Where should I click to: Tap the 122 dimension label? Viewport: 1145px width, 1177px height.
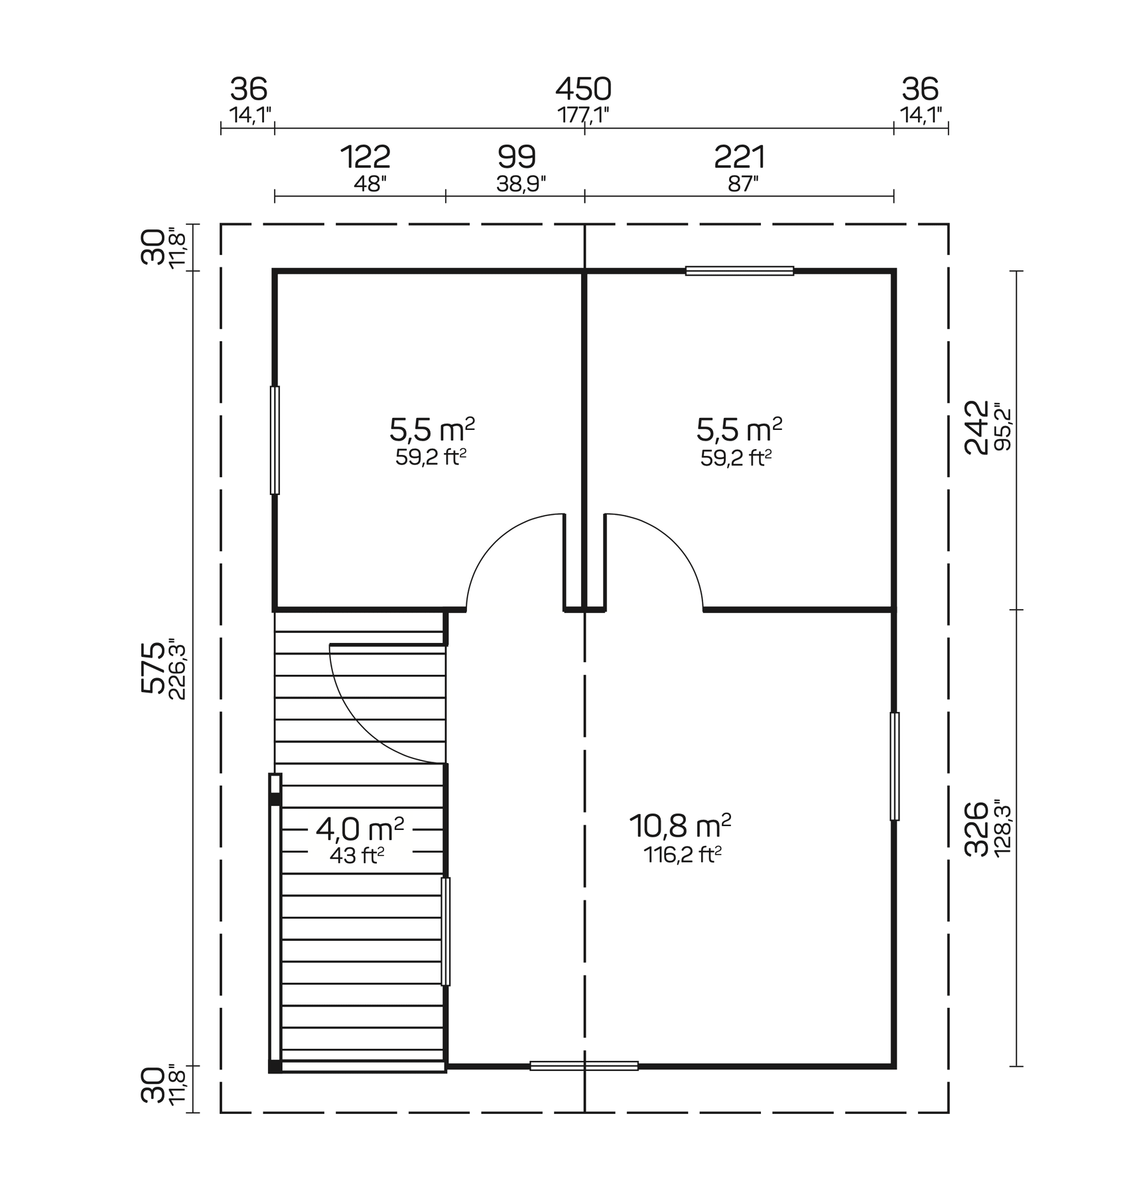[x=365, y=158]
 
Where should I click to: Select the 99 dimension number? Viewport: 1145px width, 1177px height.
[x=517, y=158]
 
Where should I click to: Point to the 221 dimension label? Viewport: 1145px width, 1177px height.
[x=740, y=158]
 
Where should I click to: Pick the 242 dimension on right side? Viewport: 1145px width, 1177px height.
[x=976, y=427]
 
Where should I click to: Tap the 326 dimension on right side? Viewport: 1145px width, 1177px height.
[x=976, y=829]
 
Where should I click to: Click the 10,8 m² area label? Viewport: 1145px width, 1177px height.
[x=680, y=826]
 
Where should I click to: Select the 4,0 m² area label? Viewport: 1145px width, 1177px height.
[x=360, y=828]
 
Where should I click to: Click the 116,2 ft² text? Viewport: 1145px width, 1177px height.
[x=682, y=855]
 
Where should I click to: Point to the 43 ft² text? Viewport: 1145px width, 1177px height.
[x=357, y=856]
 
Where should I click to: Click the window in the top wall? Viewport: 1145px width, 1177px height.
[x=739, y=271]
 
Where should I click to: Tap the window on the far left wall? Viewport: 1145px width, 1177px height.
[x=275, y=440]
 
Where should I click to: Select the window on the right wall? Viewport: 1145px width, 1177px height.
[x=894, y=766]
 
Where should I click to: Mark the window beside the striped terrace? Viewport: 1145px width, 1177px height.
[x=446, y=932]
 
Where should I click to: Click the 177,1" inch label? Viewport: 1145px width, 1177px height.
[x=583, y=115]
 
